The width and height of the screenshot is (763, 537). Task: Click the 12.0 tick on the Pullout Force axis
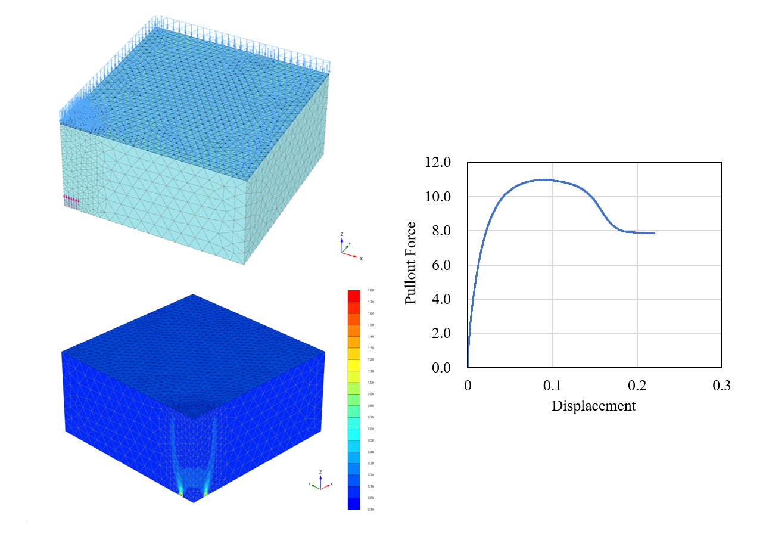pyautogui.click(x=438, y=163)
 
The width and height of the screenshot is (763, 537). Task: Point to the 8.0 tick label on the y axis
pyautogui.click(x=438, y=231)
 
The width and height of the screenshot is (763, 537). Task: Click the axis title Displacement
pyautogui.click(x=593, y=406)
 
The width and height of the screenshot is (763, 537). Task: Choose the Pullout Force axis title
pyautogui.click(x=411, y=263)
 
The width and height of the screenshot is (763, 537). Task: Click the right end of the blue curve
pyautogui.click(x=654, y=233)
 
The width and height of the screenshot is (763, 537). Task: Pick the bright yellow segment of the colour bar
pyautogui.click(x=354, y=365)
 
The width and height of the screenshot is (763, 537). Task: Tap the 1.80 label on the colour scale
pyautogui.click(x=371, y=291)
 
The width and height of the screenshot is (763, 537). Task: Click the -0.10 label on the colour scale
pyautogui.click(x=371, y=510)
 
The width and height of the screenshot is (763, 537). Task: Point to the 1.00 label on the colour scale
pyautogui.click(x=371, y=383)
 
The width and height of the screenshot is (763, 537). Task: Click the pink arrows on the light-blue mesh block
pyautogui.click(x=71, y=199)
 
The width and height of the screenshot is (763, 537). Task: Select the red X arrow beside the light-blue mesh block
pyautogui.click(x=354, y=257)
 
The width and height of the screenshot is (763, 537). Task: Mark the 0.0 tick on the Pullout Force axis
pyautogui.click(x=438, y=367)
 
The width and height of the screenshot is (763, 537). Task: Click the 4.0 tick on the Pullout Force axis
pyautogui.click(x=438, y=299)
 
